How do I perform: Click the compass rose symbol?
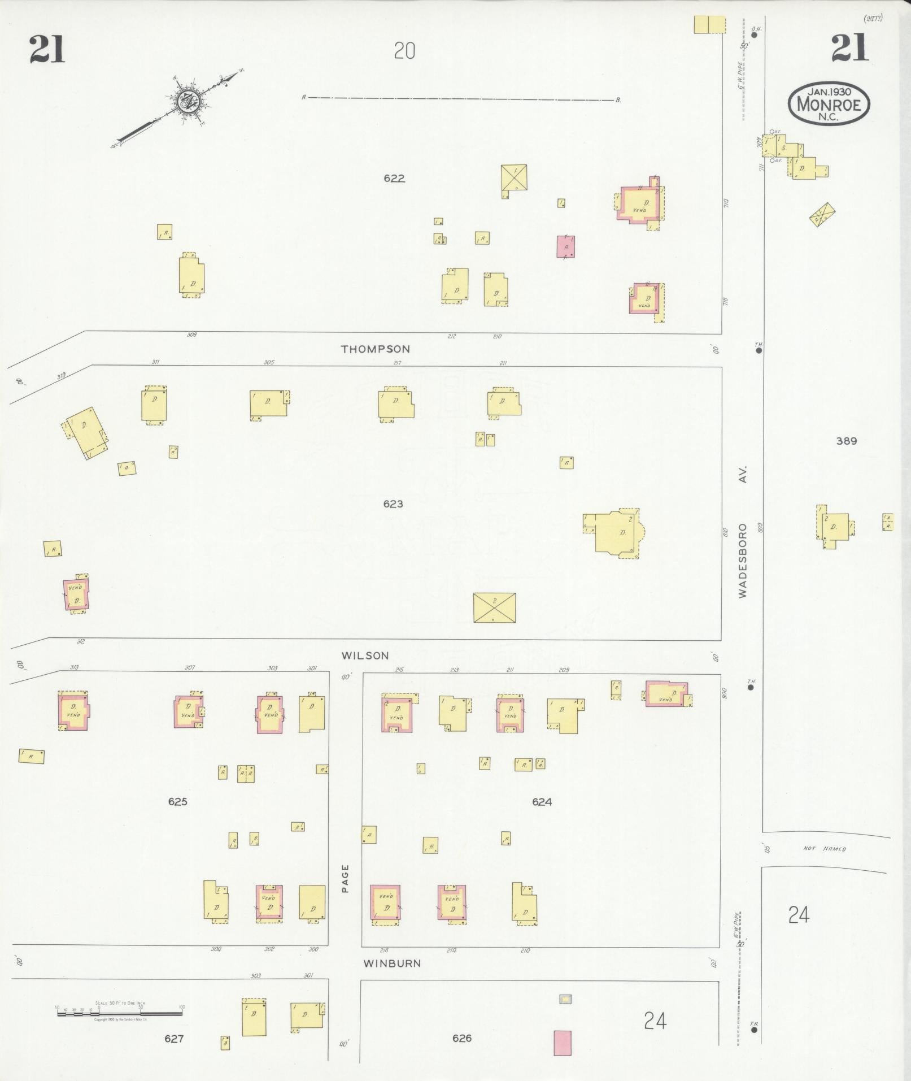[186, 101]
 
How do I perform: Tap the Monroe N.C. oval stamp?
[829, 103]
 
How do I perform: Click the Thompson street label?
[375, 349]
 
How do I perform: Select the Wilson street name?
[365, 655]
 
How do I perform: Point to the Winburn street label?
[392, 963]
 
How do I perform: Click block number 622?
[394, 179]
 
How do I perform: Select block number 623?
[393, 503]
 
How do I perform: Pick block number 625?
[177, 801]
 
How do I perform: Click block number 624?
[541, 801]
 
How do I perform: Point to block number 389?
[846, 441]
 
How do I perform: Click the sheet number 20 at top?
[404, 51]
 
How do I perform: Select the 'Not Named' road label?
[825, 849]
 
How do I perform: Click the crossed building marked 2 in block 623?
[494, 607]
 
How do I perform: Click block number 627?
[173, 1038]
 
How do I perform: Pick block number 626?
[461, 1038]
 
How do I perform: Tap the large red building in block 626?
[562, 1043]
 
